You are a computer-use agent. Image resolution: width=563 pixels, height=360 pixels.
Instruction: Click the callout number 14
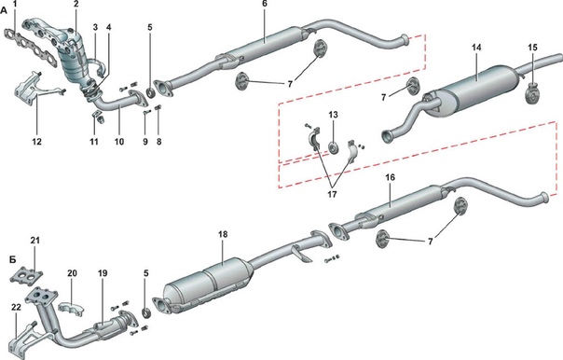476,48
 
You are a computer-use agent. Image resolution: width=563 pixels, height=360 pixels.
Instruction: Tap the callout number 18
223,235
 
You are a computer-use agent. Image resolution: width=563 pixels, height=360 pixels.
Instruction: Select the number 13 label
333,115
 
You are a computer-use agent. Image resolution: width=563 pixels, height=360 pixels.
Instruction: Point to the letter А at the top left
4,11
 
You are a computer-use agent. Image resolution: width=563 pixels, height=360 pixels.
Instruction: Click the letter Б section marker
12,259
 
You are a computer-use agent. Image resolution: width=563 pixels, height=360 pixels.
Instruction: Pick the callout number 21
34,241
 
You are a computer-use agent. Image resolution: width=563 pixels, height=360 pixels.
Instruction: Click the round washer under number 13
334,147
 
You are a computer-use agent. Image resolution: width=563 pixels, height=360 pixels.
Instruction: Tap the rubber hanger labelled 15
533,93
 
